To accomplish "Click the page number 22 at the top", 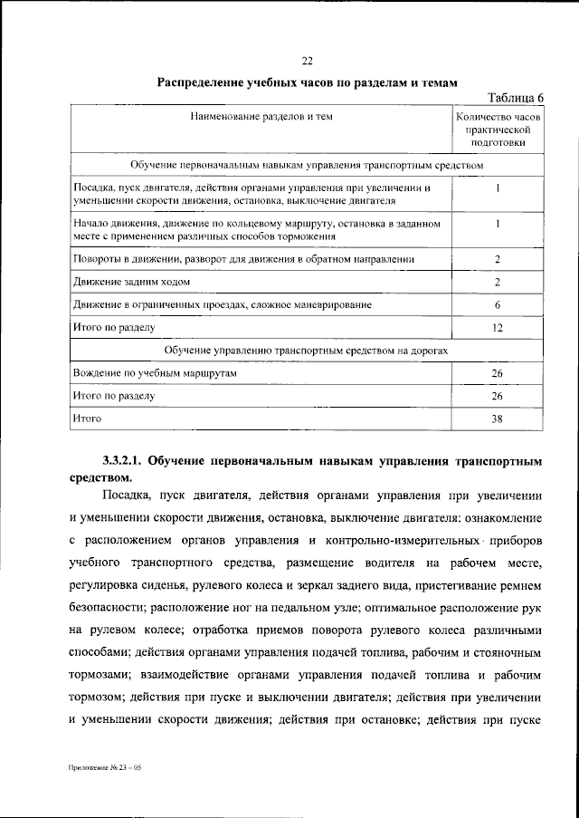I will pyautogui.click(x=307, y=61).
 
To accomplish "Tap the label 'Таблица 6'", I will pyautogui.click(x=515, y=99).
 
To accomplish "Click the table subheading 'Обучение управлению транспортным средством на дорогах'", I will pyautogui.click(x=307, y=350).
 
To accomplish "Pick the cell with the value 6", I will pyautogui.click(x=498, y=305).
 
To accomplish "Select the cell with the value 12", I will pyautogui.click(x=498, y=328).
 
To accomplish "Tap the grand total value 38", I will pyautogui.click(x=498, y=419).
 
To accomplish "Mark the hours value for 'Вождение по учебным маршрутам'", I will pyautogui.click(x=498, y=373).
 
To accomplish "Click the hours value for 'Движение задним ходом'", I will pyautogui.click(x=498, y=283).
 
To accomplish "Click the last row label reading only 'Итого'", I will pyautogui.click(x=87, y=419).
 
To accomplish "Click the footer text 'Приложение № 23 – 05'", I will pyautogui.click(x=105, y=768).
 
